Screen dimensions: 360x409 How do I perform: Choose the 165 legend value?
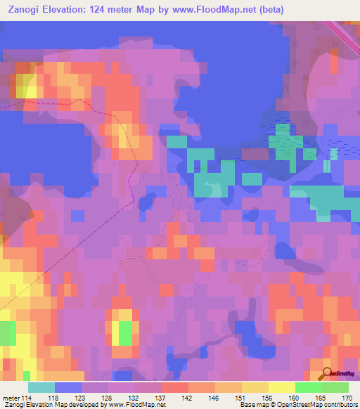tap(319, 398)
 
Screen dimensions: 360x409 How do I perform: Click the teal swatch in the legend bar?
tap(41, 387)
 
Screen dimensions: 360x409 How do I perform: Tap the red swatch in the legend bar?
tap(175, 387)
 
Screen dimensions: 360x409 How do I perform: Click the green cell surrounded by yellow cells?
tap(125, 332)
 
